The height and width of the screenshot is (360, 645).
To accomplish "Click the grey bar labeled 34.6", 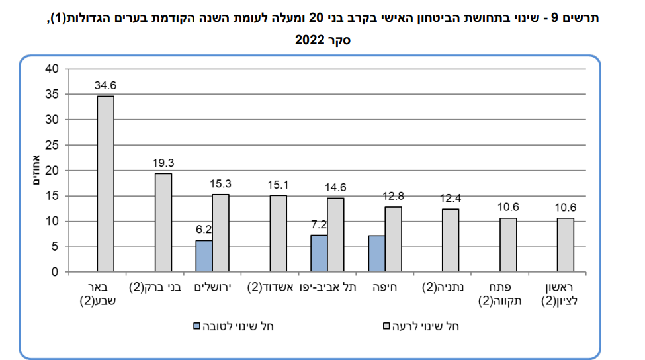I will point(106,184).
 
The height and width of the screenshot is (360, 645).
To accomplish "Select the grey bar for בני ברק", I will point(163,222).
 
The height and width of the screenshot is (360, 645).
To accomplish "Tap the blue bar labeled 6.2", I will point(204,256).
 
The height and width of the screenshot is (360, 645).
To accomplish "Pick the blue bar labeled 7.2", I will point(319,253).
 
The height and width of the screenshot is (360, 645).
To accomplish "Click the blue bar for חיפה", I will point(376,253).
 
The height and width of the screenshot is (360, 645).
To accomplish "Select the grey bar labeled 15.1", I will point(279,233).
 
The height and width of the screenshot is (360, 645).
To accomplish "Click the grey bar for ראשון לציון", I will point(566,245).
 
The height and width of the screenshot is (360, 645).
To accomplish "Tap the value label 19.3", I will point(163,162).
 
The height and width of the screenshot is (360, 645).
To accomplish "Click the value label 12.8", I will point(393,196).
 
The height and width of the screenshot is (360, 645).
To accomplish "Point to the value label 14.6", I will point(335,187).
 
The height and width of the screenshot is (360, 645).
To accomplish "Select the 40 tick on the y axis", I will point(53,69).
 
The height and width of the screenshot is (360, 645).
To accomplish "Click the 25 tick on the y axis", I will point(53,145).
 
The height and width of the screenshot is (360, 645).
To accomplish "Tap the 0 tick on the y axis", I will point(56,272).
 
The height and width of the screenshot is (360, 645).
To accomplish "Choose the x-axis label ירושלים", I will point(212,288).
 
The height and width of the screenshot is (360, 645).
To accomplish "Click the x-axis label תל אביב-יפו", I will point(327,288).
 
